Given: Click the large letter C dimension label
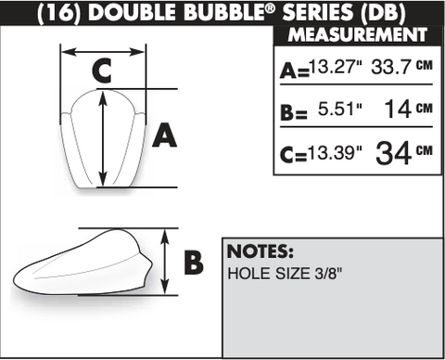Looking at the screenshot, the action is (x=102, y=71).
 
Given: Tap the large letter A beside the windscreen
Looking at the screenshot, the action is (x=165, y=135).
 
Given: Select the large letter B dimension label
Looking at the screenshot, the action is (x=194, y=263).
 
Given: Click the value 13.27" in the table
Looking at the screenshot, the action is (x=336, y=66).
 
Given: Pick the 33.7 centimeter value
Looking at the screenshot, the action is (x=401, y=66).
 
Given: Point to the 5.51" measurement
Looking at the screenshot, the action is (x=340, y=109).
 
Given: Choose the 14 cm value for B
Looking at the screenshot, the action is (x=408, y=109).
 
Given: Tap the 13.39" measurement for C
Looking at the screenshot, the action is (x=336, y=152).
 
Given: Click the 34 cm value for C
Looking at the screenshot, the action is (x=404, y=152).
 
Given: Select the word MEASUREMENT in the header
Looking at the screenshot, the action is (x=358, y=34).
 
